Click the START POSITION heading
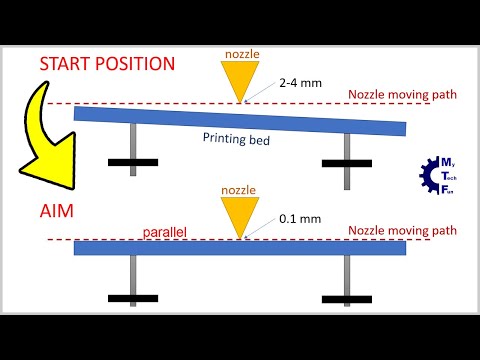[107, 64]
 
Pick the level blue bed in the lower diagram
[240, 247]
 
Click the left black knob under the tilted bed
[133, 162]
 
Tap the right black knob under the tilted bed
[346, 162]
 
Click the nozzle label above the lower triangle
[239, 188]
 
